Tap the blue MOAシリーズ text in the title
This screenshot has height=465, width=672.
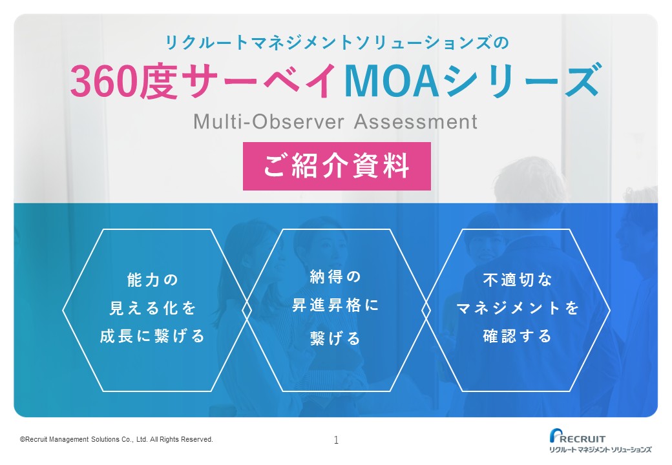pos(473,81)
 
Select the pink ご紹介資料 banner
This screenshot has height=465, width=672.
pos(337,166)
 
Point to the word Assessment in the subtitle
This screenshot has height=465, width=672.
pos(415,121)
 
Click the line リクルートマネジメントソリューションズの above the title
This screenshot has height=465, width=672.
pos(337,43)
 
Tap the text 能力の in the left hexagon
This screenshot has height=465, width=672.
pos(152,280)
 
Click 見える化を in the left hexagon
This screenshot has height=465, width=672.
pos(152,308)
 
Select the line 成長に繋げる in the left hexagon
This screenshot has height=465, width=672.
pos(152,336)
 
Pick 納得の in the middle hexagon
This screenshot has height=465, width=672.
pos(335,277)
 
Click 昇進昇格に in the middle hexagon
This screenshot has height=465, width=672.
pos(335,305)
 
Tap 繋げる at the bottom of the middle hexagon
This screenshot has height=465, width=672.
pos(335,338)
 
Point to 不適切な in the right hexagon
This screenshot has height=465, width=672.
pos(518,280)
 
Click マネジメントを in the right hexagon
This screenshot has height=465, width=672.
pos(518,308)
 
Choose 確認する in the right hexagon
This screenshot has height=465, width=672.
pos(518,336)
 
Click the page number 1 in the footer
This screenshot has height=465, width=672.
pos(336,440)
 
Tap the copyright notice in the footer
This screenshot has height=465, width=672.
pos(116,439)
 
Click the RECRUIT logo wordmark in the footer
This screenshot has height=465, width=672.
pos(583,439)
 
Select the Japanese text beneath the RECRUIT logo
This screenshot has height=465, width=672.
pos(600,449)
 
